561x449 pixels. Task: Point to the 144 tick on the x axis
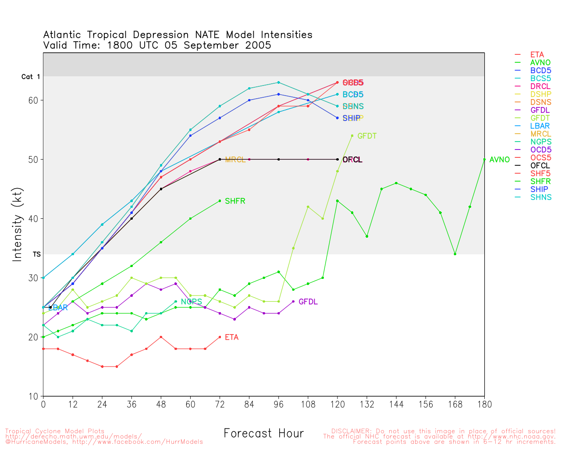tap(396, 404)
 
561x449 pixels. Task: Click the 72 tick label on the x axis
tap(220, 404)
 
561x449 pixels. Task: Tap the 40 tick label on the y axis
tap(33, 219)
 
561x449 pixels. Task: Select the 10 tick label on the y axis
tap(33, 396)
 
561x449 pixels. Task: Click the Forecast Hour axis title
tap(263, 434)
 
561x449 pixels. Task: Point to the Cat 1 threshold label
tap(31, 77)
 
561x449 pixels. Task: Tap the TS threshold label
tap(36, 254)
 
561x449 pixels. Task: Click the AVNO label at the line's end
tap(499, 160)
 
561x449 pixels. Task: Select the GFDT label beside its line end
tap(367, 136)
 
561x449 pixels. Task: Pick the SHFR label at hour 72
tap(235, 201)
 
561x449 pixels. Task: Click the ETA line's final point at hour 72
tap(220, 337)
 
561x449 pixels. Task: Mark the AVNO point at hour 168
tap(455, 254)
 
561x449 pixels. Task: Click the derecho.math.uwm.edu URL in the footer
tap(73, 437)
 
